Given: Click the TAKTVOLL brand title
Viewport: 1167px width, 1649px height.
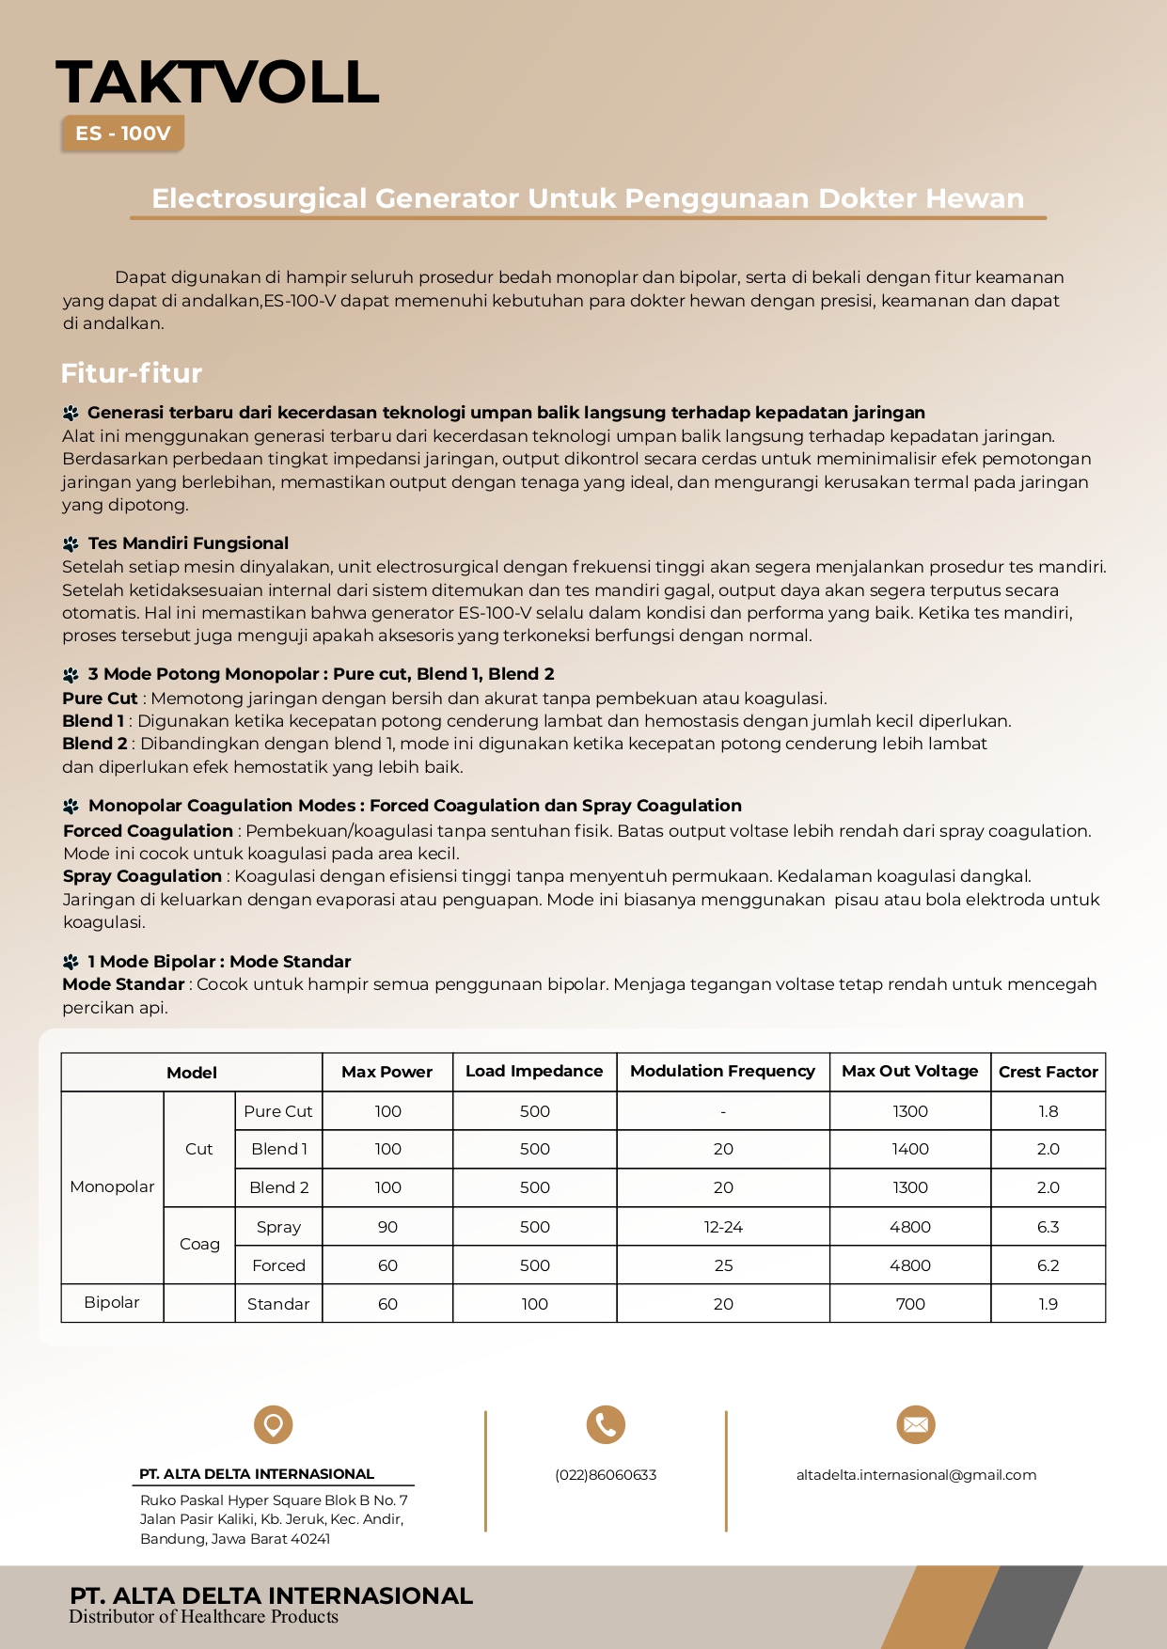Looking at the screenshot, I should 217,82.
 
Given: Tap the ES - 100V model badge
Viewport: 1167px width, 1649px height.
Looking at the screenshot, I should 123,133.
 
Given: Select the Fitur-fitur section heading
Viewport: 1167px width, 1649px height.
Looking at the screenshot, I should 132,373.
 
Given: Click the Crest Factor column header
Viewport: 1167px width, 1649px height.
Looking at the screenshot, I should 1048,1072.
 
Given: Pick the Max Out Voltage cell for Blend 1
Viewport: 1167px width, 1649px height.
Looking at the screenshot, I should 909,1149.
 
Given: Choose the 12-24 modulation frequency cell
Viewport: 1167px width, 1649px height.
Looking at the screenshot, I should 722,1227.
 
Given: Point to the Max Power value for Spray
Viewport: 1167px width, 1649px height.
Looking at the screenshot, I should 387,1227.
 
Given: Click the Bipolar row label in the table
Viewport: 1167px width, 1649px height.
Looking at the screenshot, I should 111,1302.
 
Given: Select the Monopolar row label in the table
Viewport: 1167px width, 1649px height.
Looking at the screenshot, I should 112,1186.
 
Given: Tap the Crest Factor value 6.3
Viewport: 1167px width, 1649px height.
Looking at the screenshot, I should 1048,1227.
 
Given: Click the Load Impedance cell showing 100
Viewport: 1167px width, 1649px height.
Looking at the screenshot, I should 534,1304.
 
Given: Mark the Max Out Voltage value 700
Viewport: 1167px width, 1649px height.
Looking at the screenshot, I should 909,1304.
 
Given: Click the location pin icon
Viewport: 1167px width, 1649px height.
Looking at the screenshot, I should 274,1424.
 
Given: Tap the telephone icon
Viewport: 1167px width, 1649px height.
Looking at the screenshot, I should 606,1424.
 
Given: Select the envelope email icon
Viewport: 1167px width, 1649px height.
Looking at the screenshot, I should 915,1424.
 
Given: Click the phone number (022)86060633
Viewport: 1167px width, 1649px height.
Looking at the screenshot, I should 606,1475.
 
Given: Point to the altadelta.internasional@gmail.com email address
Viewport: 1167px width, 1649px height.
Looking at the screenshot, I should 916,1475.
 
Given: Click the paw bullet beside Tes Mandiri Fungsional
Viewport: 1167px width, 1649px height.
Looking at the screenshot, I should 71,543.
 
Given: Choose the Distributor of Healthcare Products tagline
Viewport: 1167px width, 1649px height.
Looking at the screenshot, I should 203,1617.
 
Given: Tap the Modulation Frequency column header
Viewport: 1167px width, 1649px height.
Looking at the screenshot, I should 722,1072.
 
